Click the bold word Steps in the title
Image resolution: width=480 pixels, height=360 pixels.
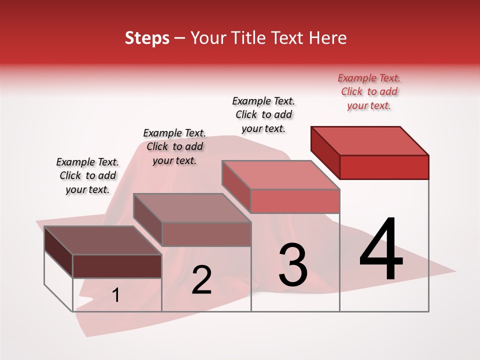click(147, 38)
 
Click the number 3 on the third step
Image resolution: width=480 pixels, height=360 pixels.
click(293, 265)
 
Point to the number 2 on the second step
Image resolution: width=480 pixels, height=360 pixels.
click(201, 280)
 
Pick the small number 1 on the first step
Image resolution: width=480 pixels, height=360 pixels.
click(116, 295)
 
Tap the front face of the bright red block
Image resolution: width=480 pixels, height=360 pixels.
click(384, 167)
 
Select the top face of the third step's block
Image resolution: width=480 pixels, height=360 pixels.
click(280, 175)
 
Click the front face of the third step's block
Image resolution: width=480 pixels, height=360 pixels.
click(295, 201)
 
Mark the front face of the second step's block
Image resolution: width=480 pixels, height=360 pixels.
click(206, 234)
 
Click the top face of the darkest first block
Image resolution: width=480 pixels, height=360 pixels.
click(102, 240)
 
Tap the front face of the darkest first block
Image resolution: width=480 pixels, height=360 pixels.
click(117, 266)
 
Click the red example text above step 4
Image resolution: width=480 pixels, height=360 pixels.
click(369, 91)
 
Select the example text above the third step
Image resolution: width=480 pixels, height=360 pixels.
click(263, 114)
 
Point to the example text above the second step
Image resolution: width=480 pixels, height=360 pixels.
click(174, 146)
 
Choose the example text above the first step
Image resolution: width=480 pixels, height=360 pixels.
click(87, 175)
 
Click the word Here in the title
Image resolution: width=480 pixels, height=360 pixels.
click(329, 38)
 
